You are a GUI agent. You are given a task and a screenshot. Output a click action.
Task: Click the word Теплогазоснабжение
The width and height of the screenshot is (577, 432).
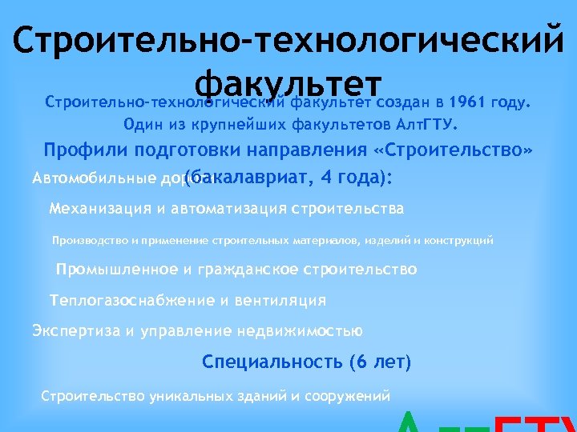131,301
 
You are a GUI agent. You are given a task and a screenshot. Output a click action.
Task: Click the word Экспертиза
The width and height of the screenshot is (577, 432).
75,330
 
